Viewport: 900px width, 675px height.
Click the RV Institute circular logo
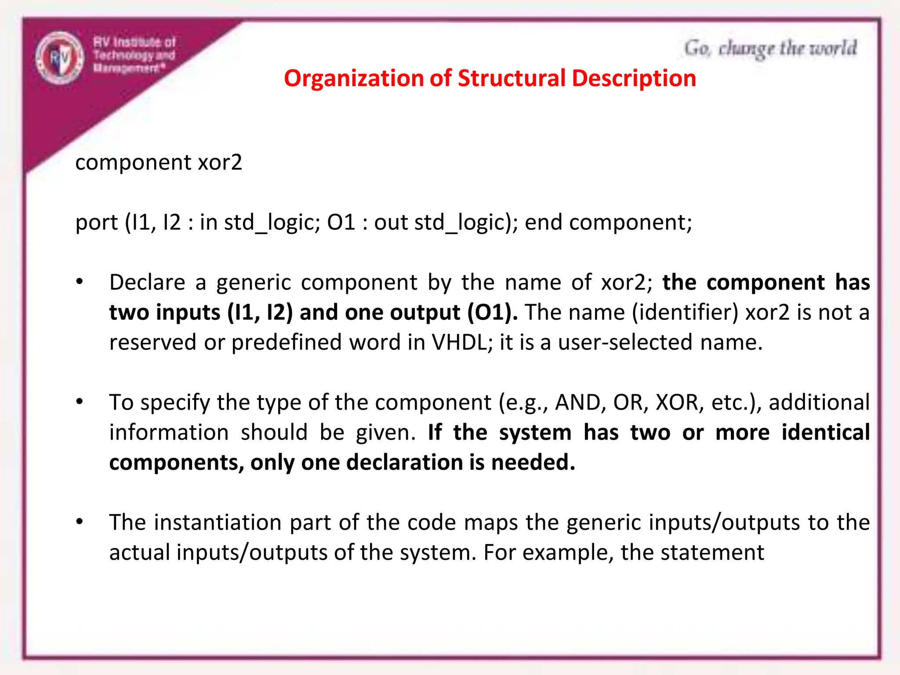tap(60, 58)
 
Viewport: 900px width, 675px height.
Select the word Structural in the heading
tap(512, 79)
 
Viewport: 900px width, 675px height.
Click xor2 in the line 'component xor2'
tap(220, 162)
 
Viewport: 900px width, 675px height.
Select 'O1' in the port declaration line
tap(341, 222)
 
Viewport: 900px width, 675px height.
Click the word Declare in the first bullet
tap(147, 282)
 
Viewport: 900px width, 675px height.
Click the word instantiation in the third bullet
tap(218, 523)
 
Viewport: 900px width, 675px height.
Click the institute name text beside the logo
tap(134, 55)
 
